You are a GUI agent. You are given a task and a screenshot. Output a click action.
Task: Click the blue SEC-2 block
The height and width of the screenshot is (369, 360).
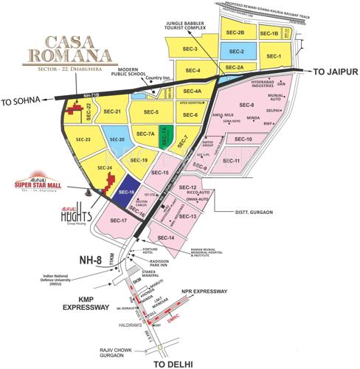[237, 52]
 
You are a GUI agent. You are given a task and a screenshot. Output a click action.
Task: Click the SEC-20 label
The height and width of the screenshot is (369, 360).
[117, 139]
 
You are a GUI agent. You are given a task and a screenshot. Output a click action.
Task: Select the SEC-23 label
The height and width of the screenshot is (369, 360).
[83, 139]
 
